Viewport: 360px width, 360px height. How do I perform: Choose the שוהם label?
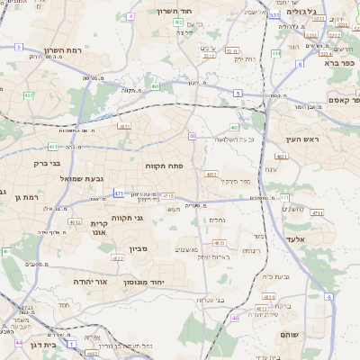pos(315,334)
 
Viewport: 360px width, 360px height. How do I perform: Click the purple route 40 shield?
pos(193,136)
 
